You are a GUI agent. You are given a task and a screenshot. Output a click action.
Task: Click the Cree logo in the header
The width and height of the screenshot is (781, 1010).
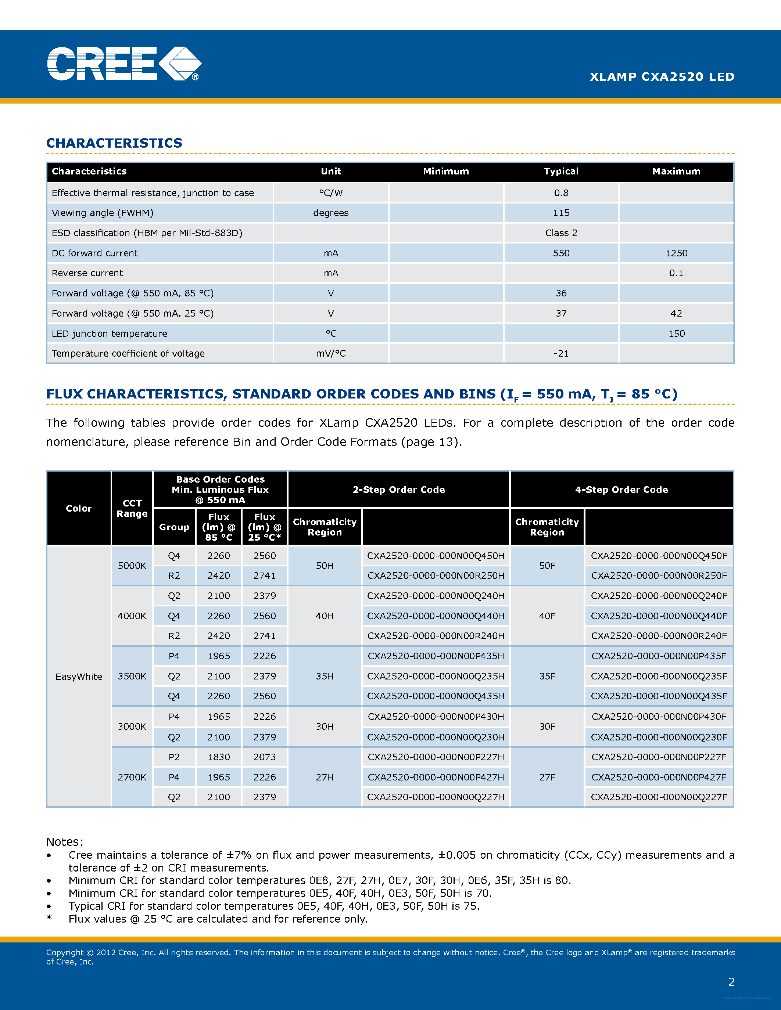[124, 64]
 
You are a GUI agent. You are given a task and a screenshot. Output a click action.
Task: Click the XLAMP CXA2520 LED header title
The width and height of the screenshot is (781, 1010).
[662, 77]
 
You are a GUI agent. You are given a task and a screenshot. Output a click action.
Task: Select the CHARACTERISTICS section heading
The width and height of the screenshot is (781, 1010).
[114, 143]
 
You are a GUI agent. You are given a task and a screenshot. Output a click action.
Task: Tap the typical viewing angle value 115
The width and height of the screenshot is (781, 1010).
[561, 213]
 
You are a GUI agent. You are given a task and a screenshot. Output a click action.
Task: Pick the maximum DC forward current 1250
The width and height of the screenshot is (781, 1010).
[676, 253]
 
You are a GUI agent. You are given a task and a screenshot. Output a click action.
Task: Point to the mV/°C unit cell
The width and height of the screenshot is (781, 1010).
[331, 353]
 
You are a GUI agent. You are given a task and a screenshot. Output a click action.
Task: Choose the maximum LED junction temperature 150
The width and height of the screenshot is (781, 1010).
[676, 333]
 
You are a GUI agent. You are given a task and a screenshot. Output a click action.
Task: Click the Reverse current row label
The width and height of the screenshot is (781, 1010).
[87, 273]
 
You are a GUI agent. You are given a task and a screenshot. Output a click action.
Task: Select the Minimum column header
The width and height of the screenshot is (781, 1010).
[445, 172]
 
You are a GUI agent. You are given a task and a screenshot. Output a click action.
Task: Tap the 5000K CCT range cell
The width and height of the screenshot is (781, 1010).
[132, 566]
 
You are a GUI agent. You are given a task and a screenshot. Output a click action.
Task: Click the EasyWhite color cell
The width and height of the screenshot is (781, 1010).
[79, 677]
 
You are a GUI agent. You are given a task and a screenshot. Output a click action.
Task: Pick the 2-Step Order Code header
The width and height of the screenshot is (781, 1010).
[398, 490]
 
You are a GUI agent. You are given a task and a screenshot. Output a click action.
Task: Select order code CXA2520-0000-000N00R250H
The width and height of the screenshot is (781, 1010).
[436, 576]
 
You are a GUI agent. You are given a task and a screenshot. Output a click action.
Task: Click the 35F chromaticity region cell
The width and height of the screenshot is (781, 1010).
[547, 676]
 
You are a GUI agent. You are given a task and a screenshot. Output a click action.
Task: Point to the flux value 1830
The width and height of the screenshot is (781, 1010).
[218, 757]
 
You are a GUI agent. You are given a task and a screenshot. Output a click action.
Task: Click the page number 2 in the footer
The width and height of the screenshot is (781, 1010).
[731, 982]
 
